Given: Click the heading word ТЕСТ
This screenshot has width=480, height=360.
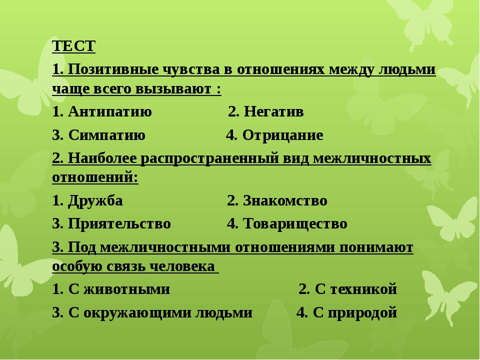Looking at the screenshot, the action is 74,46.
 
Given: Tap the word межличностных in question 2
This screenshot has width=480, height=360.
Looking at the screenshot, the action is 372,158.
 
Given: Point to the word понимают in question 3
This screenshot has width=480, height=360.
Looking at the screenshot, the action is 376,247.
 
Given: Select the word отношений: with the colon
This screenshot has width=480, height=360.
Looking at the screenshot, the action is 95,177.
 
